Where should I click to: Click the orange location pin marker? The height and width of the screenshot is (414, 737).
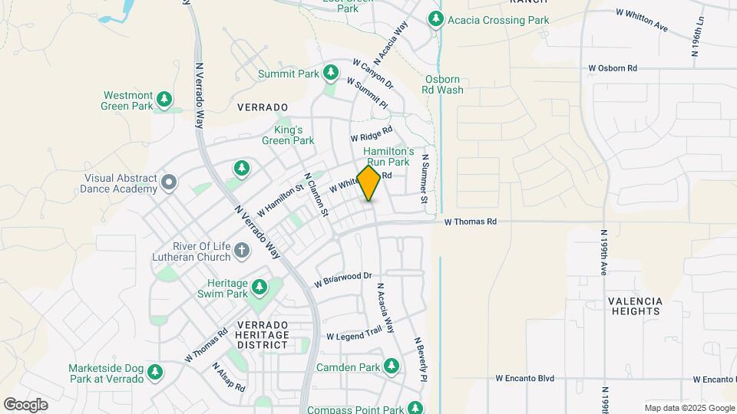click(369, 183)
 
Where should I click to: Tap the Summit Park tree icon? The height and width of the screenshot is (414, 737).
click(331, 74)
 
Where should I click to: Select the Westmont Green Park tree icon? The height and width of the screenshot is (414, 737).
click(164, 99)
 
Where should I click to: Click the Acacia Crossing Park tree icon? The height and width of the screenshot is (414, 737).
click(436, 18)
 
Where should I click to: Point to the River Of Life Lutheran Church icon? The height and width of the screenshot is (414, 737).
click(241, 250)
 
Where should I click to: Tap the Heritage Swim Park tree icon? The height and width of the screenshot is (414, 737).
click(259, 287)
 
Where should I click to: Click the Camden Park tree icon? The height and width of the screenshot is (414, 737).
click(392, 366)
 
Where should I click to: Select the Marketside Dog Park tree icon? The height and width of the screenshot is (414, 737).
click(156, 372)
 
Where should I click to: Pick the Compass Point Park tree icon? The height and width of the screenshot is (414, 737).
click(415, 409)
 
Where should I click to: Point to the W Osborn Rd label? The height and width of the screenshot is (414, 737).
click(613, 68)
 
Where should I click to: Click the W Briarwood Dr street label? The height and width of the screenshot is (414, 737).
click(342, 280)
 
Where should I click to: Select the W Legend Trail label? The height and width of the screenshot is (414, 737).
click(354, 335)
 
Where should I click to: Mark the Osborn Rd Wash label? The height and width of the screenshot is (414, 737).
click(443, 84)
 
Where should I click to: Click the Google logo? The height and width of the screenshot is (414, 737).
click(25, 404)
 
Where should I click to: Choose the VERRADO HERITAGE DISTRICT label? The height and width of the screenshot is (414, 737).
click(263, 335)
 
